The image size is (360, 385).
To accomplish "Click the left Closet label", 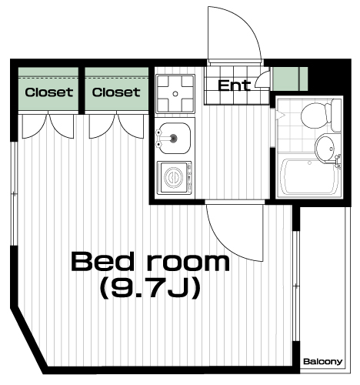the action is [x=49, y=92].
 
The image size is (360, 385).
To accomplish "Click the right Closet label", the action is [x=116, y=92].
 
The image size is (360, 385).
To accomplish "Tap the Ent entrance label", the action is [x=234, y=85].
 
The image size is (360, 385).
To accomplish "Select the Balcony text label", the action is [x=323, y=362].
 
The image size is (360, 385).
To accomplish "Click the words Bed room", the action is [x=150, y=261].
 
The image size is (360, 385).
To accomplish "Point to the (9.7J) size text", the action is [x=150, y=288].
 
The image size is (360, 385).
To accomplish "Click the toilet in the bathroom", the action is [x=321, y=115].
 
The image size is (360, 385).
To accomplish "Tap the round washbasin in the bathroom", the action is [x=325, y=149].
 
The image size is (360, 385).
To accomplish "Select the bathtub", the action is [x=310, y=176].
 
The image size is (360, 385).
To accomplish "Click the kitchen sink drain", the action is [x=174, y=139].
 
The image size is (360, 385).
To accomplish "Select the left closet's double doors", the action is [x=48, y=126].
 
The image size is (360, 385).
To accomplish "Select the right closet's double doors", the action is [x=116, y=126].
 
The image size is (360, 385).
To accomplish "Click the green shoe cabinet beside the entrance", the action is [x=290, y=79].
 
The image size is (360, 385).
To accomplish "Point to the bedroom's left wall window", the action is [x=14, y=193].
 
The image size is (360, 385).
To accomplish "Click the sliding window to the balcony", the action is [x=296, y=286].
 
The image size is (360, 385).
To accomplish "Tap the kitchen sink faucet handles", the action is [x=160, y=139].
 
